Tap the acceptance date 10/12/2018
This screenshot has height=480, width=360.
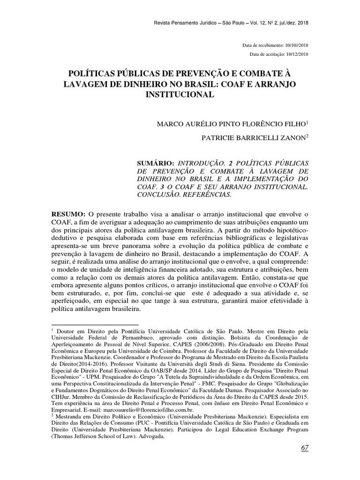pos(296,55)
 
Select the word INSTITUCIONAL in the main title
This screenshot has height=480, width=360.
pos(180,94)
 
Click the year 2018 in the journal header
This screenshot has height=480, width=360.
pos(302,22)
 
